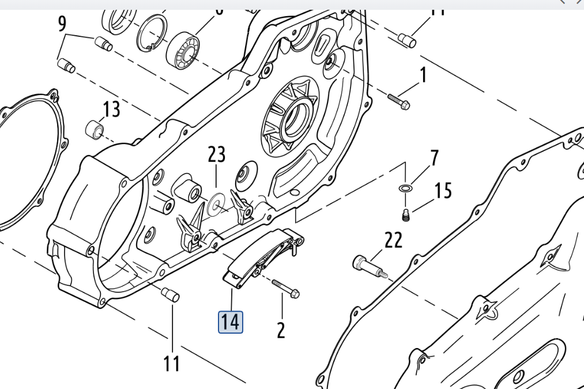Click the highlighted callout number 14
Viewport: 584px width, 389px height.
230,322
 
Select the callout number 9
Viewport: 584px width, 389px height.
62,24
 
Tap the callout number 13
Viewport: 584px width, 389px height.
112,108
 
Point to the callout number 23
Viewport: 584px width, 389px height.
217,154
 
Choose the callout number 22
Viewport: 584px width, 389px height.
393,240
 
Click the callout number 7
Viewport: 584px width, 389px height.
434,158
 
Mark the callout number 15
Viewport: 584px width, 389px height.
443,190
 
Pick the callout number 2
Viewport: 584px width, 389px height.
281,330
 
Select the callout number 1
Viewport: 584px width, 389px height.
423,75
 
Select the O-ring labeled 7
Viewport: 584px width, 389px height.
405,188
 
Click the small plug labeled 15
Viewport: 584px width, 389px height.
405,215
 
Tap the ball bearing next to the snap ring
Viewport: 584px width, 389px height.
183,48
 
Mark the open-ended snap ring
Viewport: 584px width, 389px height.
152,33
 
